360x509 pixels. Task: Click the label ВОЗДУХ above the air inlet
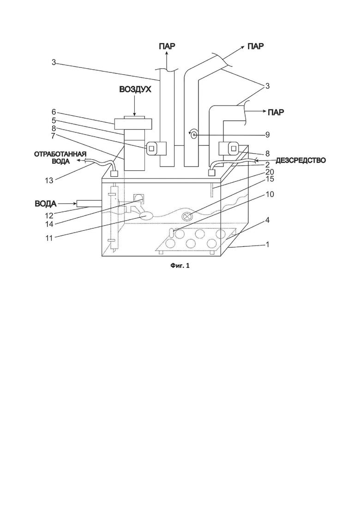coord(135,90)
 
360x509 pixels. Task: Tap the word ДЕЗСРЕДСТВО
coord(300,161)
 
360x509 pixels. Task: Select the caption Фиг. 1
coord(180,266)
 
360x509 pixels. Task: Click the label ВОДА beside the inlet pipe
coord(45,204)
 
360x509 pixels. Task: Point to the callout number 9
coord(267,134)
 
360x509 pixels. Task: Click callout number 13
coord(49,180)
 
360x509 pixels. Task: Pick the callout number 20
coord(270,172)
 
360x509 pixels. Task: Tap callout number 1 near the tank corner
coord(267,245)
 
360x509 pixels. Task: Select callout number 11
coord(49,238)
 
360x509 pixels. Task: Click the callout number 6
coord(54,112)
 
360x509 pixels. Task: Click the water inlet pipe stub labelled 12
coord(89,204)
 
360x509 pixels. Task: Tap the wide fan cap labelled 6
coord(133,122)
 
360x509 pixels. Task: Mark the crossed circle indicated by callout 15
coord(187,216)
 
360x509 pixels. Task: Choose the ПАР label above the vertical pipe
coord(167,46)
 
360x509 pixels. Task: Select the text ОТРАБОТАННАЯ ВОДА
coord(60,157)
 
